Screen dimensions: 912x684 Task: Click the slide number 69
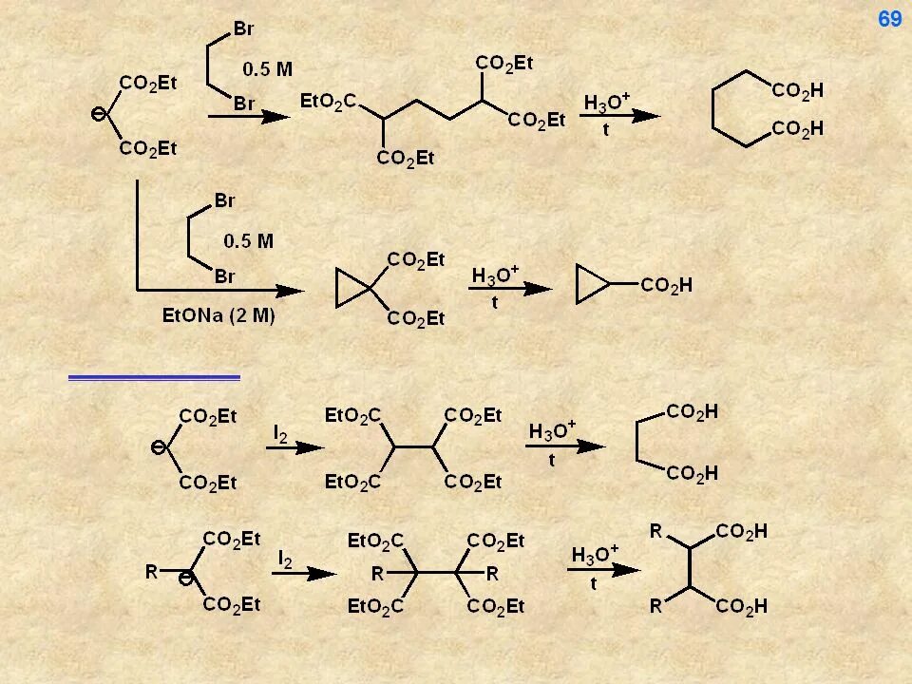coord(889,19)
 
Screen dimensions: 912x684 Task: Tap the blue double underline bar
coord(154,377)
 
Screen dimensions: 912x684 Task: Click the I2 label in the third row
coord(281,433)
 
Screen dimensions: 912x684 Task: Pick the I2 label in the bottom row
coord(284,560)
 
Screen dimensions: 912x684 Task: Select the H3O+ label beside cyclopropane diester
coord(495,275)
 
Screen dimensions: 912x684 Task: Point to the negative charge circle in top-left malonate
coord(97,115)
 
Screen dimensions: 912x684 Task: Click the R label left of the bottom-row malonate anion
coord(151,572)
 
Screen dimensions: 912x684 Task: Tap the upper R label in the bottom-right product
coord(655,530)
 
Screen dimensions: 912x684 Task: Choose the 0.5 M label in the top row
coord(268,68)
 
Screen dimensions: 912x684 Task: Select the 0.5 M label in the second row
coord(248,240)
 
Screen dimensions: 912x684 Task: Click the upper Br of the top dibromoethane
coord(244,28)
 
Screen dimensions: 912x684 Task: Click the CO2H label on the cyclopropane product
coord(666,284)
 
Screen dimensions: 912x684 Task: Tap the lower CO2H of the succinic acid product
coord(692,472)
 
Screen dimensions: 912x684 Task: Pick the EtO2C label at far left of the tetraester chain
coord(327,100)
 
